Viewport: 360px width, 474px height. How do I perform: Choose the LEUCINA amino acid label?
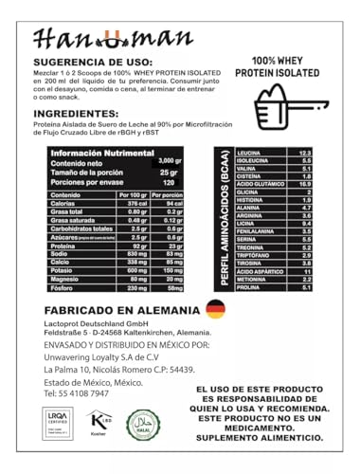click(255, 153)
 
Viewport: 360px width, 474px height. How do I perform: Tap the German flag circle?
click(215, 310)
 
